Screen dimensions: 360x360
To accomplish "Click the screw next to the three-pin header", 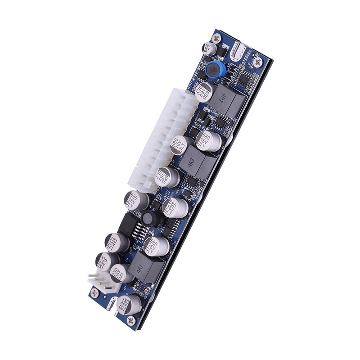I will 94,293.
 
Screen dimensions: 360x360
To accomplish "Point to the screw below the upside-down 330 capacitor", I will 131,320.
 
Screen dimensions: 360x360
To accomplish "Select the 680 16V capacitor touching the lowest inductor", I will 156,245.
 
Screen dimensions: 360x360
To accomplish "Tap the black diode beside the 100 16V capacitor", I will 221,52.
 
